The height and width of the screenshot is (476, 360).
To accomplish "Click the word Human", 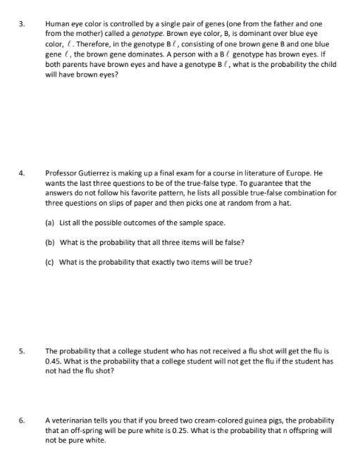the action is coord(57,24).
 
